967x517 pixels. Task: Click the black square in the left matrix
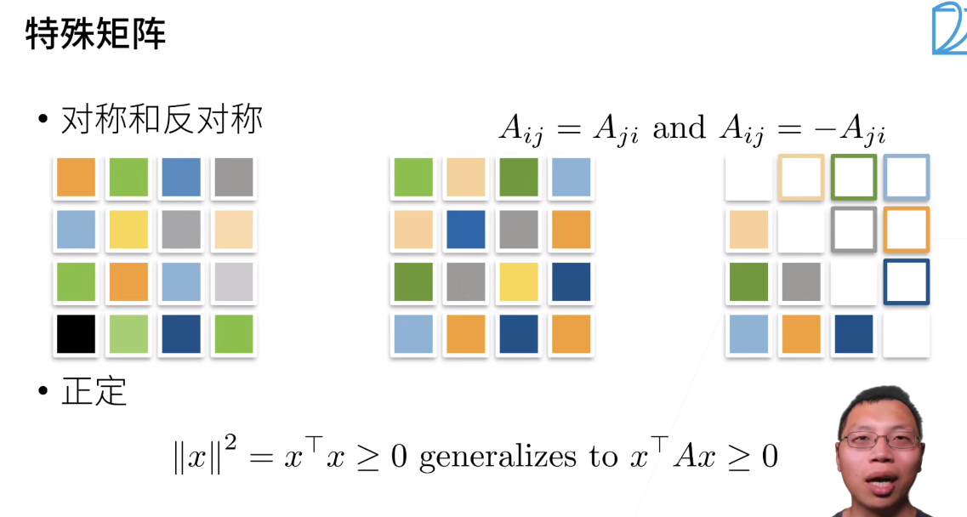[76, 334]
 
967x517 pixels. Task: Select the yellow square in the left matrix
[128, 230]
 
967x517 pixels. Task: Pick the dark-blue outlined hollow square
[907, 282]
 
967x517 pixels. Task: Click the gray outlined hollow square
[854, 230]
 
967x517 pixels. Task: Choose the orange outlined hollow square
[907, 230]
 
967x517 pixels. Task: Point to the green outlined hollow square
[854, 177]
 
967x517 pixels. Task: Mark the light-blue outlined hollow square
[907, 177]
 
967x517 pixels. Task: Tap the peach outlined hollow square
[801, 177]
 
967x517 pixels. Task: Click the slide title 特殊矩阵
[96, 35]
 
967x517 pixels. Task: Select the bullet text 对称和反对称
[162, 121]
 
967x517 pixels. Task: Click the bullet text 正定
[94, 392]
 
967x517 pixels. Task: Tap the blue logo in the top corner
[948, 30]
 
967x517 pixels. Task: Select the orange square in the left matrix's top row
[76, 177]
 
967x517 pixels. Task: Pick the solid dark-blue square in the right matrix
[854, 334]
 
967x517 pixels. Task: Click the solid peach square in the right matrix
[748, 230]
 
